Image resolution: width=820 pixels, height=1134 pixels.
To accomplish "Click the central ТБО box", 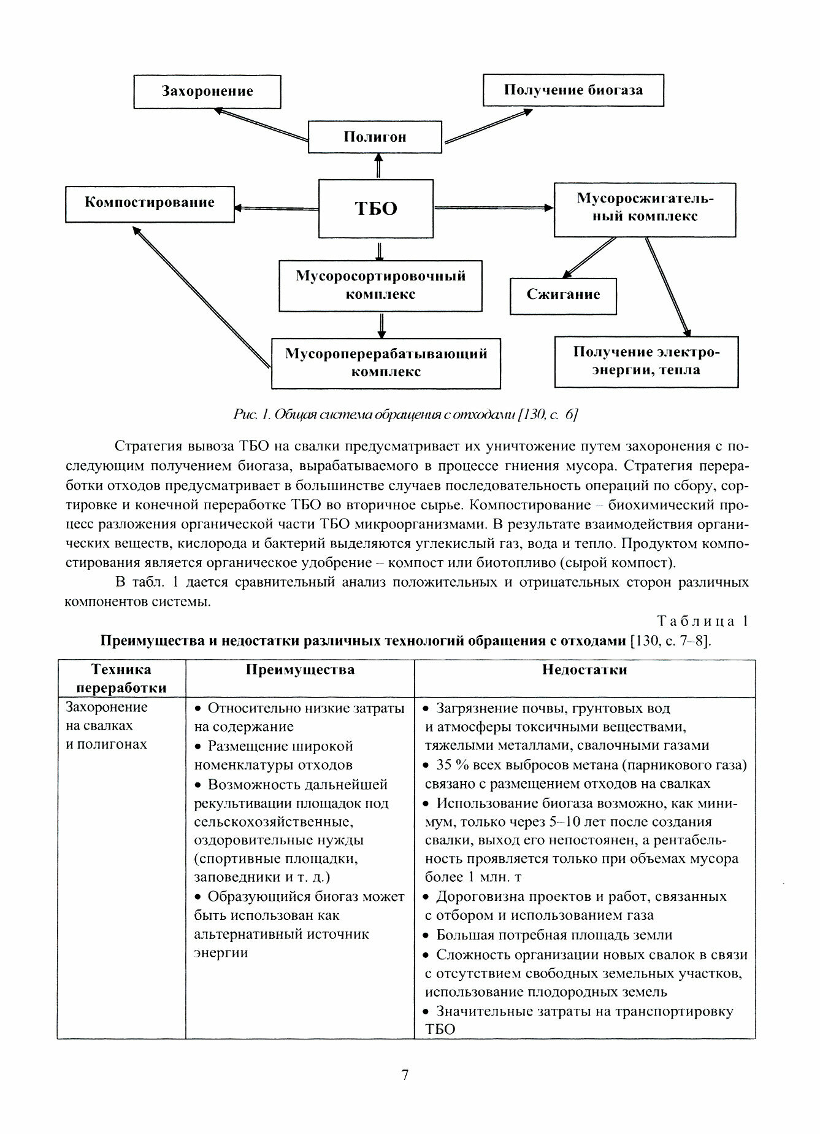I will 376,209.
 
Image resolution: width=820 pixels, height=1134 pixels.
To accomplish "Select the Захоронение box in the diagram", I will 207,91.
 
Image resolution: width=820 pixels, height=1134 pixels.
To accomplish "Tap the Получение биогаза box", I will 573,90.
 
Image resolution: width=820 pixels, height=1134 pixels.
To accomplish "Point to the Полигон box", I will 374,137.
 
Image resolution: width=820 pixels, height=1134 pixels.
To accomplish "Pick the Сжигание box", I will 563,295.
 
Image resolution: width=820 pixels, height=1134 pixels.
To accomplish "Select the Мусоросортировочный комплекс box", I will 380,285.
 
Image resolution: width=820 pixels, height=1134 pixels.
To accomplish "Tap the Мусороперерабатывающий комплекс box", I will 386,363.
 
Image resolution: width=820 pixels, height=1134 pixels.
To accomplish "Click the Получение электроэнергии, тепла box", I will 646,361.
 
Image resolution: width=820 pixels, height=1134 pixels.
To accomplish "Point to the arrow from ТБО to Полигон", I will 378,166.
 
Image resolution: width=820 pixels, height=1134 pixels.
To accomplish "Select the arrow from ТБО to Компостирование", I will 276,208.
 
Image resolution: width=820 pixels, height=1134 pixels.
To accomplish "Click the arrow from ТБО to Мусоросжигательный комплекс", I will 494,208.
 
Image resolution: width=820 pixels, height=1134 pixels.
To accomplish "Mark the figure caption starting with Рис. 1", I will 406,415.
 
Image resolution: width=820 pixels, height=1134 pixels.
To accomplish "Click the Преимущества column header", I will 300,669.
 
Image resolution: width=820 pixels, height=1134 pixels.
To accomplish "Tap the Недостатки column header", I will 584,669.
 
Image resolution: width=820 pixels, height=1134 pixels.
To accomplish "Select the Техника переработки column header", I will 121,678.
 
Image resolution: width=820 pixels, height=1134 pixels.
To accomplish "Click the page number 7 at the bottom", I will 405,1076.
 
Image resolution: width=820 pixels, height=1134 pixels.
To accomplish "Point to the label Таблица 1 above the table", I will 703,621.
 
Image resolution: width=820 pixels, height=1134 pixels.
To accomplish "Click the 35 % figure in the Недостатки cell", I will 453,765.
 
